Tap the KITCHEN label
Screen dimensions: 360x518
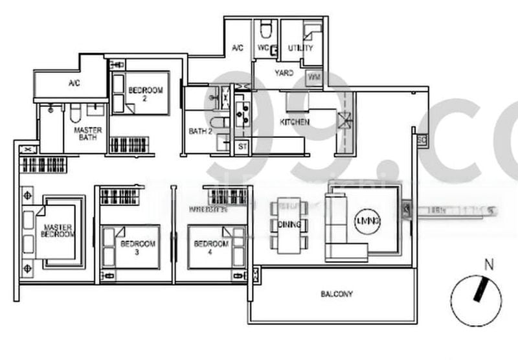[295, 122]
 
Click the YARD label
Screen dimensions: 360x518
[284, 73]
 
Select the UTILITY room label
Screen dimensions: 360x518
[300, 48]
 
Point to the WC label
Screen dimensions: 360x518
[264, 48]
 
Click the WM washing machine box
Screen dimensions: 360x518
[314, 77]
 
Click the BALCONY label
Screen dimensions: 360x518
[337, 294]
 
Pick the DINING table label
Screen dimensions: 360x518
[289, 225]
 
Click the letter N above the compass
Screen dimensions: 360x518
[490, 264]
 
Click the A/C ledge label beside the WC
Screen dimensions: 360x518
[237, 48]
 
